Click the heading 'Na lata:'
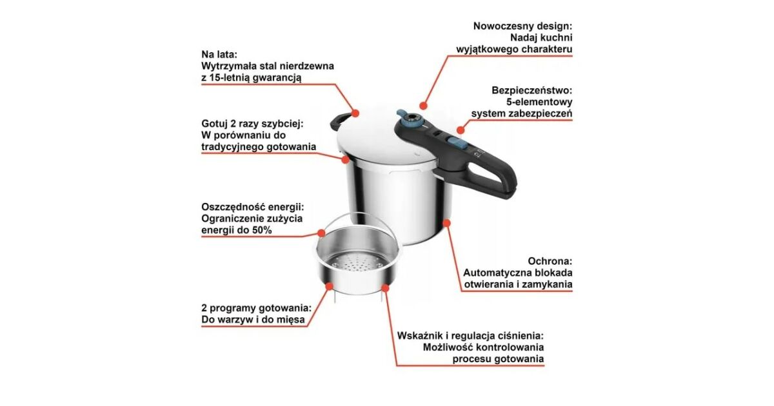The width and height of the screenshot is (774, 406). coord(219,55)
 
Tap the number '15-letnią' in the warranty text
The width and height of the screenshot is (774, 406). coord(229,78)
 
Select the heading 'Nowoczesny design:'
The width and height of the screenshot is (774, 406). coord(522,26)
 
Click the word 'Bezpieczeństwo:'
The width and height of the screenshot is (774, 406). coord(531,90)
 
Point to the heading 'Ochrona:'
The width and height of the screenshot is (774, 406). coord(550,261)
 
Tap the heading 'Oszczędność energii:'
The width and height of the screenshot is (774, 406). coord(253,207)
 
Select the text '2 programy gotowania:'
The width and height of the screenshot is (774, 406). coord(257,307)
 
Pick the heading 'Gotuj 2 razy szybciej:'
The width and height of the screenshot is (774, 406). coord(252,124)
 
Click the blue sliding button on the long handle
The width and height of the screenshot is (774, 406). coord(454,142)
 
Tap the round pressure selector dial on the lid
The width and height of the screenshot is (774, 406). coord(412,121)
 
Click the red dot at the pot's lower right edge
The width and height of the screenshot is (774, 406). coord(446,223)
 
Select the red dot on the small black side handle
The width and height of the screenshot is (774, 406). coord(355,113)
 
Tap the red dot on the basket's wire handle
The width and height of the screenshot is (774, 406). coord(321,233)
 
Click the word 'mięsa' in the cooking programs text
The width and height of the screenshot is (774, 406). coord(292,320)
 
